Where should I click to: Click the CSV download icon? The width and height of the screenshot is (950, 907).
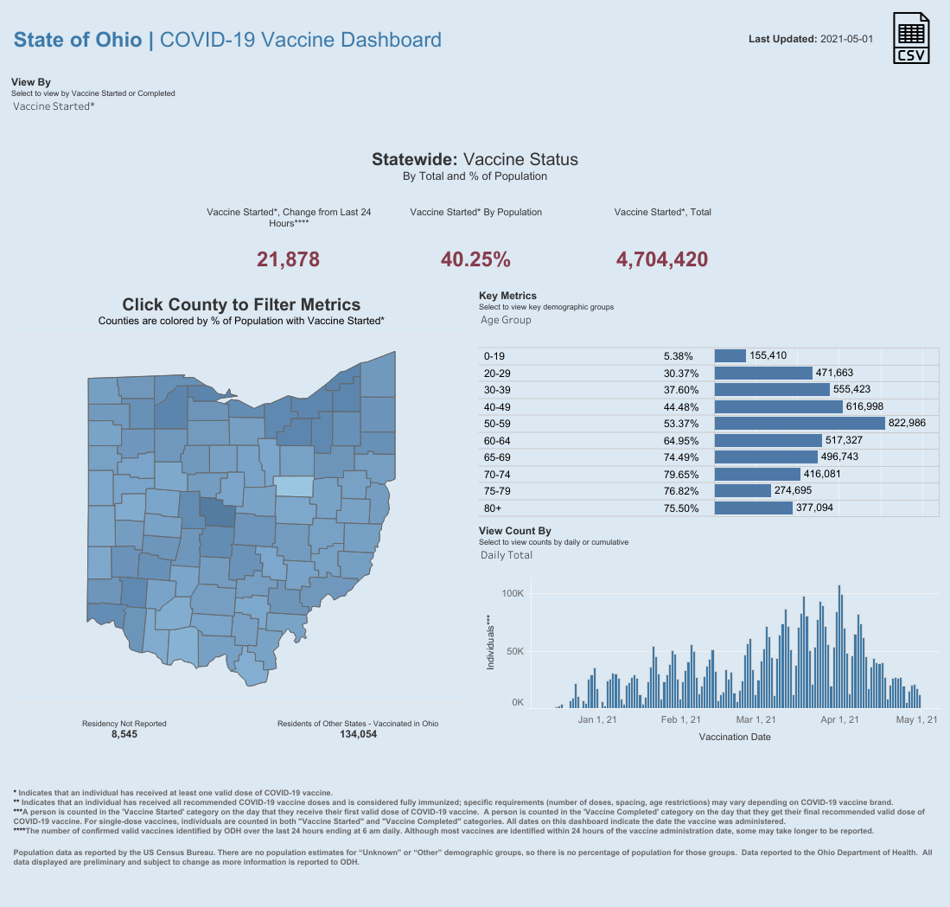[912, 39]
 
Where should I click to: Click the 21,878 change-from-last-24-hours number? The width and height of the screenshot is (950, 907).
[289, 259]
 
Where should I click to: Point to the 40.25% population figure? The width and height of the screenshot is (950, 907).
[475, 259]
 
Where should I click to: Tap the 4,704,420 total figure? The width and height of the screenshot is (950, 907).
[662, 259]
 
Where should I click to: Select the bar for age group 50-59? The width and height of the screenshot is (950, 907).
[800, 423]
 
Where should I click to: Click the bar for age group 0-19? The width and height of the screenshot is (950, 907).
[730, 355]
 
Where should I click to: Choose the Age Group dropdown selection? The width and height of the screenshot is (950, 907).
[506, 320]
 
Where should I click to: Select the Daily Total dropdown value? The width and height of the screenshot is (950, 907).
[507, 555]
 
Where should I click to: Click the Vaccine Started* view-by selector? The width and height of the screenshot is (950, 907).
[54, 106]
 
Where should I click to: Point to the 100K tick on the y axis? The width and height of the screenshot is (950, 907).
[513, 594]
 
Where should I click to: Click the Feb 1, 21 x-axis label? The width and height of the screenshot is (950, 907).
[680, 719]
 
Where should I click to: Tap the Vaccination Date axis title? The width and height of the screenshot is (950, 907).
[734, 737]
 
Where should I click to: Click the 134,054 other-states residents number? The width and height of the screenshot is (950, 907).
[358, 734]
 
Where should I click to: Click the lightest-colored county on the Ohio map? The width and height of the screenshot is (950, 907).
[295, 487]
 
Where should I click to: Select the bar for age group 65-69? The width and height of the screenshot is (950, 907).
[766, 457]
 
